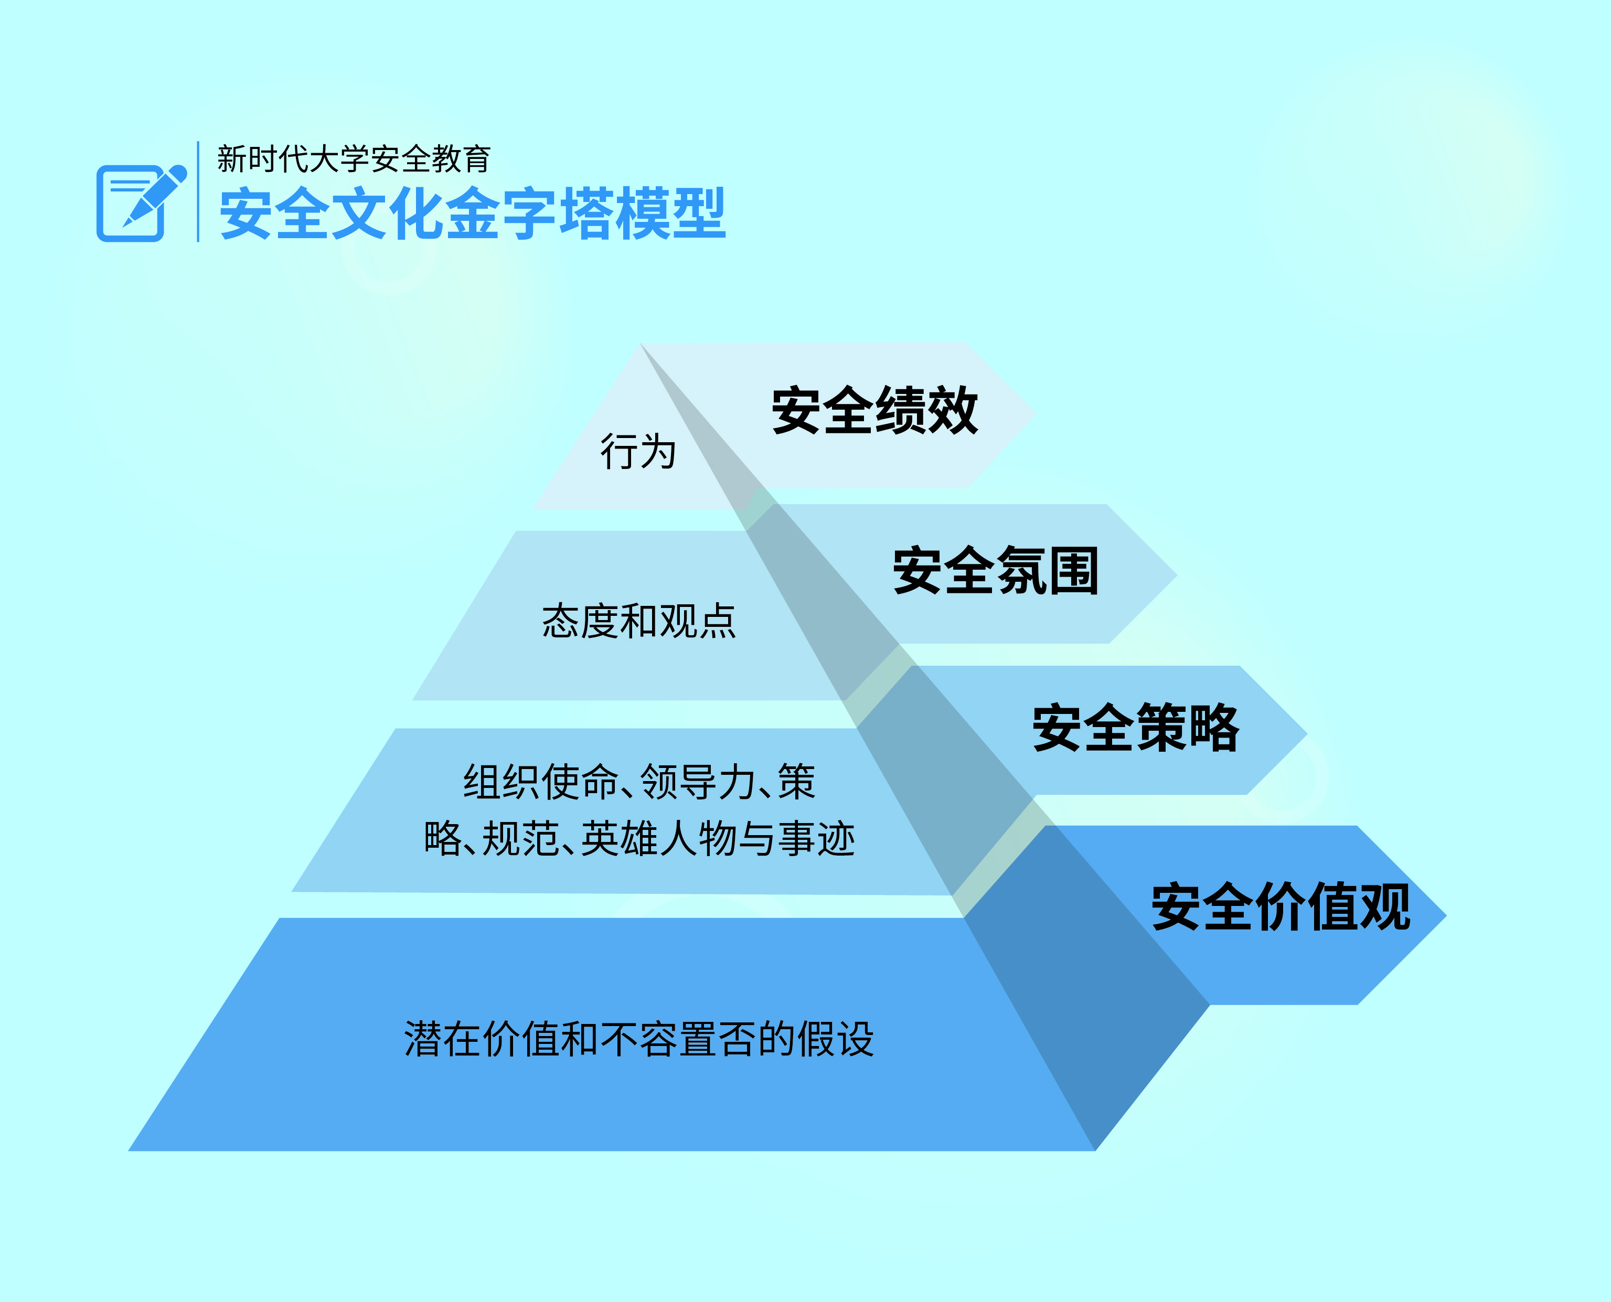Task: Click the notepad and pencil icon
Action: [141, 202]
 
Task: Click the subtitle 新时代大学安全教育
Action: [354, 159]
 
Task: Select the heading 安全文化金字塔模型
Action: [473, 215]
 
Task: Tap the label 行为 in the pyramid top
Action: [638, 452]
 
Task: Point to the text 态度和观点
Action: [639, 621]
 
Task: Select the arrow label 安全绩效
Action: [874, 410]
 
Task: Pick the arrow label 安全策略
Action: [1136, 728]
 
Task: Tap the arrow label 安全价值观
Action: [1281, 907]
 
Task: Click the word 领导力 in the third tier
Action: [698, 782]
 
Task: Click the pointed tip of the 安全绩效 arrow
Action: [1036, 413]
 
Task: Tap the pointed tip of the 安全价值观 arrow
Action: [1446, 915]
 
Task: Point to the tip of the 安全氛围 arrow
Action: [1177, 575]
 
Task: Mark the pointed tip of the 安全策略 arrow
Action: [1307, 734]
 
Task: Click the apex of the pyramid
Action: [640, 344]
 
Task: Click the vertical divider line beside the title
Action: [198, 191]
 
